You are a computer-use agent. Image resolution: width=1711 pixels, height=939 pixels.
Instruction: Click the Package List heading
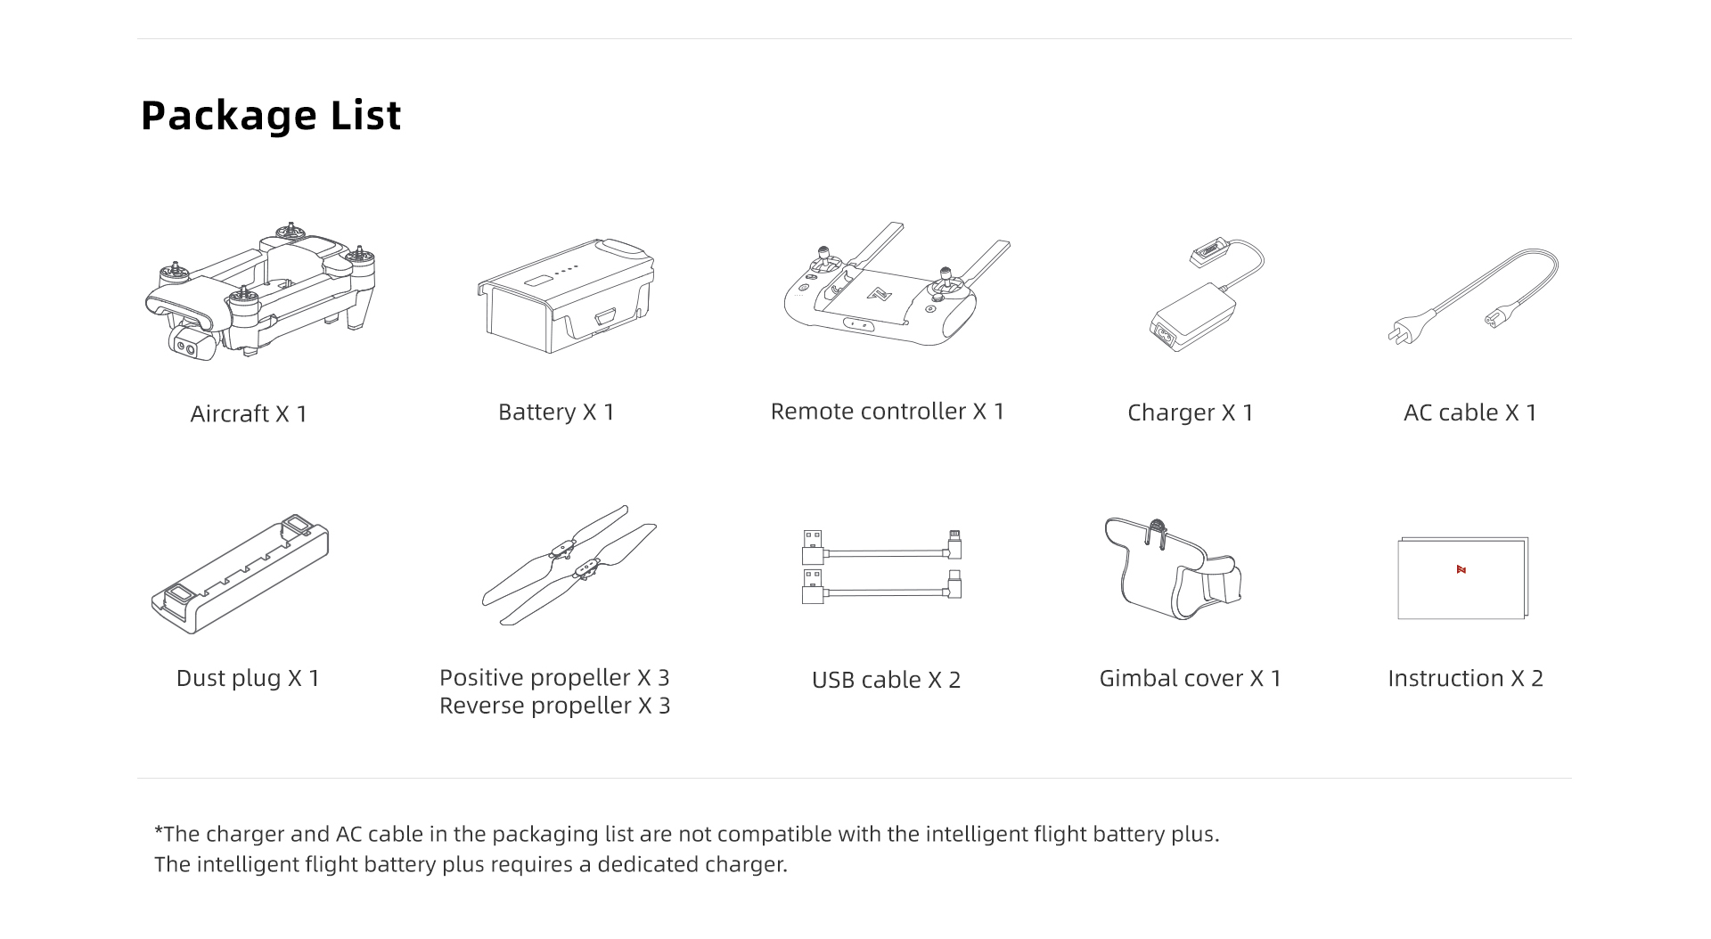[271, 116]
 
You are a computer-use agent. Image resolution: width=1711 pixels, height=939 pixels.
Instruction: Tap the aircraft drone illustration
[261, 291]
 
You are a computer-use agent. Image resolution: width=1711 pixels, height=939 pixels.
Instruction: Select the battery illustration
[566, 296]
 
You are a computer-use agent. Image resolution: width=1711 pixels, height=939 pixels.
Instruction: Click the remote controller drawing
[896, 285]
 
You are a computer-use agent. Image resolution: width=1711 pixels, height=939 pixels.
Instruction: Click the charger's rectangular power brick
[1192, 317]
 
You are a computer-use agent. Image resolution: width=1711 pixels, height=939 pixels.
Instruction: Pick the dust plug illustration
[241, 574]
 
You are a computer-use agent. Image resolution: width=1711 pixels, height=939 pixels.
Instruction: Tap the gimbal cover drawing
[1172, 568]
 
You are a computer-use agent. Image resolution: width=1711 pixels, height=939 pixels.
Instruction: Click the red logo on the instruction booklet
[1461, 569]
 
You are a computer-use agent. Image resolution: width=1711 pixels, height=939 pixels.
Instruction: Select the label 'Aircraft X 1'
[249, 413]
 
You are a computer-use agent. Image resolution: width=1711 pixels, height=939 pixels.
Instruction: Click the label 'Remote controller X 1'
[888, 411]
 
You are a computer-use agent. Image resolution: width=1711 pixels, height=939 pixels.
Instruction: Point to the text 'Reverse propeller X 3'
[554, 706]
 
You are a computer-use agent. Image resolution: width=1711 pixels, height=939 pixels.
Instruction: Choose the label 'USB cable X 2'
[886, 680]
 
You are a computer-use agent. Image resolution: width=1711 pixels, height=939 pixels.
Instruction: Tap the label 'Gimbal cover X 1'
[1190, 678]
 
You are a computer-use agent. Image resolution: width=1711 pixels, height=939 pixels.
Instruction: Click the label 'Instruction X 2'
[1465, 678]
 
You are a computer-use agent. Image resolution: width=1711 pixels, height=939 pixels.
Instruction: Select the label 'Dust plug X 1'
[248, 678]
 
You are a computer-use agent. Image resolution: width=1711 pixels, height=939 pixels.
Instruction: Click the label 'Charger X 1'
[1191, 412]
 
